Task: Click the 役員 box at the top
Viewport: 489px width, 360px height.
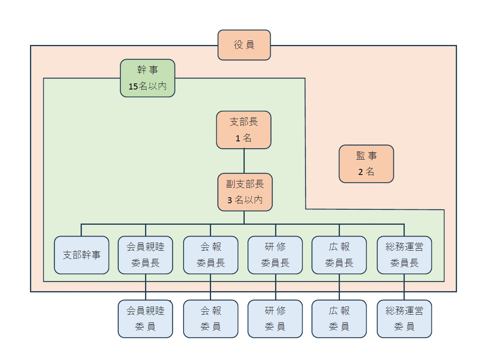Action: (x=244, y=45)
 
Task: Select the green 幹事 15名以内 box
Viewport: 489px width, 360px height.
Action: (x=147, y=78)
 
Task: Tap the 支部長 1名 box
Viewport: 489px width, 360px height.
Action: (x=243, y=130)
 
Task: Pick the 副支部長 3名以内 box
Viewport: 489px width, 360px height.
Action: (x=245, y=192)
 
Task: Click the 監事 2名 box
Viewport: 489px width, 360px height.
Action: (x=366, y=164)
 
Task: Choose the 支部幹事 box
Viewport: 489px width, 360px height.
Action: (x=82, y=255)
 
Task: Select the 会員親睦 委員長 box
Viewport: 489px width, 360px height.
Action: (x=145, y=255)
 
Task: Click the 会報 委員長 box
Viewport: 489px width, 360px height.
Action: (x=211, y=255)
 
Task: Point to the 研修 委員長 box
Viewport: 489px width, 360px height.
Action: (x=275, y=255)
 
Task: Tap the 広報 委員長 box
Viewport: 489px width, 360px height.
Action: (x=339, y=255)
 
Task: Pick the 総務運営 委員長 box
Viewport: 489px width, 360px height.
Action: (x=404, y=255)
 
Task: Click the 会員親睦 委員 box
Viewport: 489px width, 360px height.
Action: (x=145, y=319)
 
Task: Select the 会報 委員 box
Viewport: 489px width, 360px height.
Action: (x=211, y=319)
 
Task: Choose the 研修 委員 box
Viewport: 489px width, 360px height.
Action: (x=275, y=319)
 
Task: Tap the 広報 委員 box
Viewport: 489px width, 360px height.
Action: (x=339, y=319)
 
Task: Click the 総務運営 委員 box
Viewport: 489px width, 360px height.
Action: (x=404, y=319)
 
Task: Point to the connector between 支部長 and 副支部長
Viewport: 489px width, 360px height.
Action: (x=244, y=161)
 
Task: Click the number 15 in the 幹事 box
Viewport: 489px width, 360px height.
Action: (x=133, y=87)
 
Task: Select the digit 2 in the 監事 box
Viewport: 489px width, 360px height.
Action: (x=361, y=172)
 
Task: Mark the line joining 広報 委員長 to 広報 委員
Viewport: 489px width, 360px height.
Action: (x=339, y=287)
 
